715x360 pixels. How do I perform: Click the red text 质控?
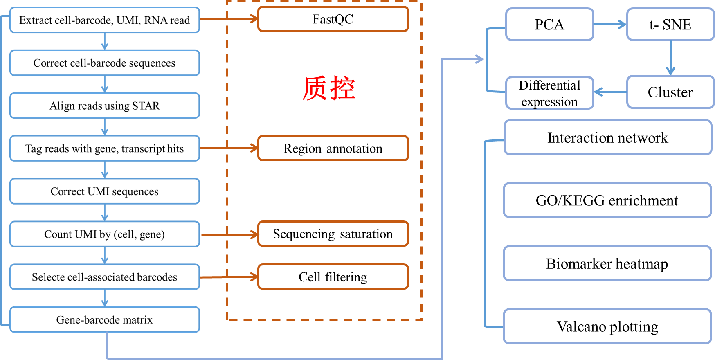click(x=329, y=88)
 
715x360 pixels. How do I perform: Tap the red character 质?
click(x=315, y=88)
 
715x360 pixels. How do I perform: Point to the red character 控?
click(x=343, y=88)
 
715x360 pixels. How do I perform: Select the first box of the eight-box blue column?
click(x=105, y=20)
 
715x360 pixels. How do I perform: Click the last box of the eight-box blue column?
click(x=105, y=319)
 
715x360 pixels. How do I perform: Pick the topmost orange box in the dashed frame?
click(x=333, y=19)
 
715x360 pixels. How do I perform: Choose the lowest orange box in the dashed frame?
click(x=333, y=277)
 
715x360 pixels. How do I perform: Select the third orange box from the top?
click(x=333, y=234)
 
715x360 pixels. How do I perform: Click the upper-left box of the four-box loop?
click(x=549, y=24)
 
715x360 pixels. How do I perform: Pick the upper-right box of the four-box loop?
click(x=670, y=24)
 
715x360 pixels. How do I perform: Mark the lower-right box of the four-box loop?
click(x=670, y=92)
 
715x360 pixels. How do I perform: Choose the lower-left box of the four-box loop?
click(x=549, y=93)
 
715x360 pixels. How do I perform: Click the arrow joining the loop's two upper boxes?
click(x=610, y=25)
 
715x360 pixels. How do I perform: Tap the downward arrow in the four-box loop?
click(x=670, y=58)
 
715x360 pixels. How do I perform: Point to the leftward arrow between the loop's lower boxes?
click(x=610, y=92)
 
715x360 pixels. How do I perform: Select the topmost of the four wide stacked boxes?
click(x=608, y=137)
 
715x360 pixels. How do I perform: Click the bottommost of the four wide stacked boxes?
click(x=607, y=326)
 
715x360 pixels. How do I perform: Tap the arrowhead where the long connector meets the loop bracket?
click(x=479, y=59)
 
